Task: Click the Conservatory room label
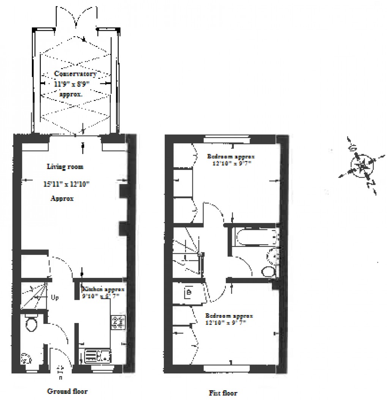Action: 75,74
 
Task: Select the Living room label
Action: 65,166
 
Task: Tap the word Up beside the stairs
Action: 55,298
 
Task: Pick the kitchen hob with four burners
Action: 118,322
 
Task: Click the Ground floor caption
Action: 67,391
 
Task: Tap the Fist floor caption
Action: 223,393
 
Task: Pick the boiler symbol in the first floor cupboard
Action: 189,292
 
